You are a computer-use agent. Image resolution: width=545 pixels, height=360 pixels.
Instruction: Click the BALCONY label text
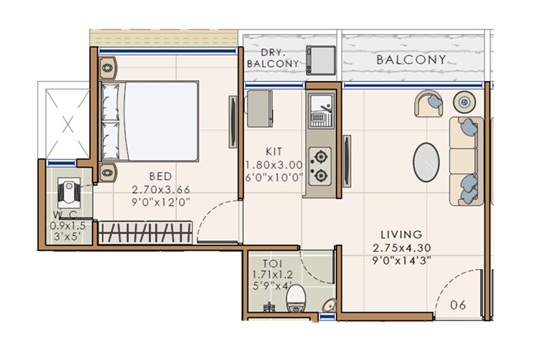tap(411, 59)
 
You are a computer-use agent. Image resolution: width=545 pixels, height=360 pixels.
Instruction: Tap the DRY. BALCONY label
tap(272, 58)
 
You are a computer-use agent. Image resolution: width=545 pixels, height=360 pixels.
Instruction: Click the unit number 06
tap(458, 305)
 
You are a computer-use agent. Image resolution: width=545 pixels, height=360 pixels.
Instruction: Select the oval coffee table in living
tap(426, 162)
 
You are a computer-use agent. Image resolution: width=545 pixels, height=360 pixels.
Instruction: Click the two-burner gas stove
tap(320, 166)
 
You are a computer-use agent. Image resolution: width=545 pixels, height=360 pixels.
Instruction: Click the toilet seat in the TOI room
tap(296, 298)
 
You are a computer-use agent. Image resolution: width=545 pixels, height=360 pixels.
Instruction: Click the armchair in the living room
tap(429, 104)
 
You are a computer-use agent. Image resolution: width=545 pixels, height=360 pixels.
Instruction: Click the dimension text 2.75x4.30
tap(401, 247)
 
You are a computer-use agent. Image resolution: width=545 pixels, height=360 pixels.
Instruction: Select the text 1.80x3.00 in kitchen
tap(274, 165)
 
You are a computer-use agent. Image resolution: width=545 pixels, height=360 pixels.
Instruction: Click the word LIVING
tap(401, 234)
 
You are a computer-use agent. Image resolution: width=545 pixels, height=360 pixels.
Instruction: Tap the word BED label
tap(160, 176)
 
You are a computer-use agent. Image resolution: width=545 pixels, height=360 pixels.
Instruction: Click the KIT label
tap(274, 152)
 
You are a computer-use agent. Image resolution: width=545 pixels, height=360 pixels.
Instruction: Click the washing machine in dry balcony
tap(320, 59)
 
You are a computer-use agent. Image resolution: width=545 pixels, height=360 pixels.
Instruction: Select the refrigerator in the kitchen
tap(260, 109)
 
